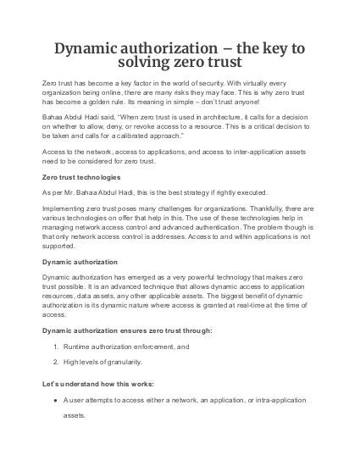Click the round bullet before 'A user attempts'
54,400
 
